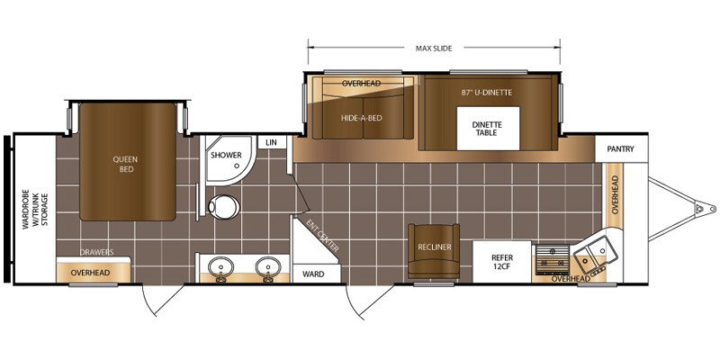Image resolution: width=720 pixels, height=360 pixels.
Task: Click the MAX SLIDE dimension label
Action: click(x=434, y=49)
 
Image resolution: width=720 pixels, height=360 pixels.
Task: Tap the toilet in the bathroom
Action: click(x=223, y=207)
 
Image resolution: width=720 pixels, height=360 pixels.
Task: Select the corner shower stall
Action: click(x=229, y=159)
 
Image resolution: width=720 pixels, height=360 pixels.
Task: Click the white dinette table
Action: click(x=488, y=128)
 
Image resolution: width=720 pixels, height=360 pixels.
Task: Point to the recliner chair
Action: click(x=434, y=251)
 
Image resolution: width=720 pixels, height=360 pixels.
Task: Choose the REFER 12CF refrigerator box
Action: click(x=502, y=262)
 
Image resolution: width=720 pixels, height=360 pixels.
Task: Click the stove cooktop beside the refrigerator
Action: click(x=553, y=259)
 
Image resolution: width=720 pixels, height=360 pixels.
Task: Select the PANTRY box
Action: click(x=621, y=148)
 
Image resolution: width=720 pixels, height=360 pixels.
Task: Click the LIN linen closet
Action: click(x=272, y=142)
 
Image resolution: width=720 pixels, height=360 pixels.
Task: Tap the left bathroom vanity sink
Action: click(x=220, y=267)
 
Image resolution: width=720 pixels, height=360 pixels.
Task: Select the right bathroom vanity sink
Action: click(x=268, y=267)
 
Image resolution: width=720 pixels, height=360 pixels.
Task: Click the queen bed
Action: click(x=128, y=162)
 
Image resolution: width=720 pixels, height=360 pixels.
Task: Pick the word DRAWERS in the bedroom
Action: click(x=96, y=252)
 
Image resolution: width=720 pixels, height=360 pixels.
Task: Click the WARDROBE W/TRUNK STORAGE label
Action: click(x=35, y=208)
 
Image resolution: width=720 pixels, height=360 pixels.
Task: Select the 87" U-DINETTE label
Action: click(x=487, y=93)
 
